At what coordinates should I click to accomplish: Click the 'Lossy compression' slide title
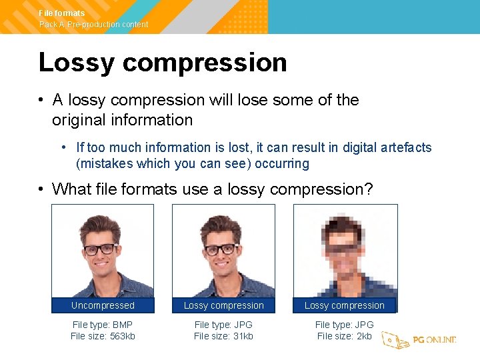point(163,63)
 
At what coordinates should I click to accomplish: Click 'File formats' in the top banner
point(62,13)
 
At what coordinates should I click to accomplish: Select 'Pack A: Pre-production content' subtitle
point(93,25)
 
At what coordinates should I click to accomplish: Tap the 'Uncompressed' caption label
point(103,305)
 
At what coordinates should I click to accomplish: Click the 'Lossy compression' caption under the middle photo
point(223,305)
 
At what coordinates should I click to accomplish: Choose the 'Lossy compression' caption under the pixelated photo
point(345,305)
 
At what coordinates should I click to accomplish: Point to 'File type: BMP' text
point(103,325)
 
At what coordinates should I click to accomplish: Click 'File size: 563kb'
point(103,336)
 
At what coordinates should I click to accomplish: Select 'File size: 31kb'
point(223,336)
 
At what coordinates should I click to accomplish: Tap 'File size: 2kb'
point(344,336)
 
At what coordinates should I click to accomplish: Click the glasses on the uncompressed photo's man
point(100,249)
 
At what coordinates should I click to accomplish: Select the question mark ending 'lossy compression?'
point(369,189)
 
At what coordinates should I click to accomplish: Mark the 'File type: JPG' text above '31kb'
point(223,325)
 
